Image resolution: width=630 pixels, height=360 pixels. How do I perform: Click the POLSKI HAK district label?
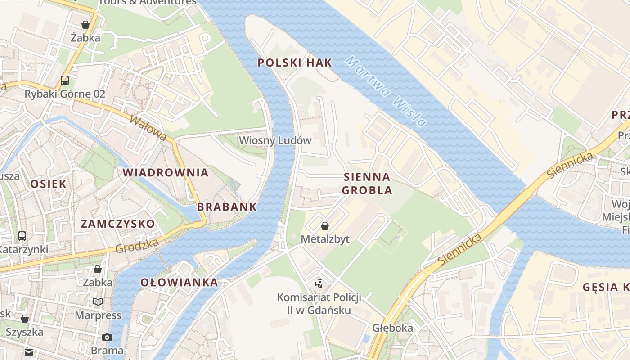point(295,63)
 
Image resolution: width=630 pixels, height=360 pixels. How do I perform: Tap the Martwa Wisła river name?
point(387,92)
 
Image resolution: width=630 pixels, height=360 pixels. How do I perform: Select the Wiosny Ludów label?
point(275,140)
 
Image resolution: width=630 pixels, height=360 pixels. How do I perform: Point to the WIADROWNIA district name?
point(166,172)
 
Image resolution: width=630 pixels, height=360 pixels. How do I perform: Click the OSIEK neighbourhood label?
point(48,184)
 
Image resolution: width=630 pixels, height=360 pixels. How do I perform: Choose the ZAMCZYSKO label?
point(117,224)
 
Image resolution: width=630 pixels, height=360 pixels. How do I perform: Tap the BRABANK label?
point(227,207)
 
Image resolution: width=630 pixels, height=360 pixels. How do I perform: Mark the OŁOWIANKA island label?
point(179,283)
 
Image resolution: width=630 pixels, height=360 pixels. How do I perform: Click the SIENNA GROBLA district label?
point(367,183)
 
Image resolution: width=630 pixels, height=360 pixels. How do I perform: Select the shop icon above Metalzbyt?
point(324,226)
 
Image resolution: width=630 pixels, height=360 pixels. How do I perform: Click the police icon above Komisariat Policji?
point(319,283)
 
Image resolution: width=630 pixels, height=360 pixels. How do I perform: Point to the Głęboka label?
point(392,328)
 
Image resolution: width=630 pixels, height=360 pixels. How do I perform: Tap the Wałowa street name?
point(148,127)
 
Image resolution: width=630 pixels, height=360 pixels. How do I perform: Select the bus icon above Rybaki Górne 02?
point(65,81)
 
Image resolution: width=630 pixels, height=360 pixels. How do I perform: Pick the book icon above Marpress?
point(98,302)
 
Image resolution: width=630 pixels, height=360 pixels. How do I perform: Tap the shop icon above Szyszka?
point(25,319)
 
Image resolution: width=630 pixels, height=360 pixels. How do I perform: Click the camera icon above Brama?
point(107,337)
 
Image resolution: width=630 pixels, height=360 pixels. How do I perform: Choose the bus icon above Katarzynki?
point(22,236)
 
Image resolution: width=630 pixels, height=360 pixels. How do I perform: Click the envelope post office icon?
point(29,352)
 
